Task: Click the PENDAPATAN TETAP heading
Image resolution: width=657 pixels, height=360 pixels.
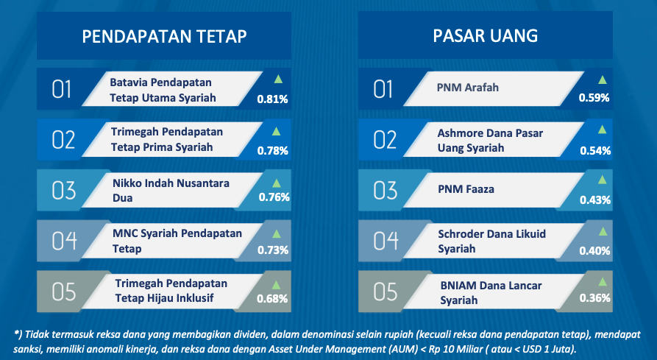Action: (164, 37)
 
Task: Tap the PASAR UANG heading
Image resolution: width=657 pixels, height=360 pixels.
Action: (485, 36)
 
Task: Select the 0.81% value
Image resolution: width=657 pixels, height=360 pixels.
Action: (272, 99)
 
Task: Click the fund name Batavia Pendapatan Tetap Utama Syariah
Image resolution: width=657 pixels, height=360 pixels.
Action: (163, 90)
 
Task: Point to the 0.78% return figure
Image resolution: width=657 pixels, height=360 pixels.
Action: (273, 151)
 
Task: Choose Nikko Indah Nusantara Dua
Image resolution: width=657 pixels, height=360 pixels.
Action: (171, 191)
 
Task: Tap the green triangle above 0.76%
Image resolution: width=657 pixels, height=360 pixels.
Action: (276, 183)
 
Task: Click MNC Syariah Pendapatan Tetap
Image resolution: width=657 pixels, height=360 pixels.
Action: (177, 241)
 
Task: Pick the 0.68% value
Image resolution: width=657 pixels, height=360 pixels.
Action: (272, 299)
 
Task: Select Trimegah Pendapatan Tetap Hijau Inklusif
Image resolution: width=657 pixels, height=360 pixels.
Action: (171, 291)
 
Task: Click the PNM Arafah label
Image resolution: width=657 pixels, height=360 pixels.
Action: (468, 88)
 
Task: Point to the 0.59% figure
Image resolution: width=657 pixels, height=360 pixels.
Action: (594, 98)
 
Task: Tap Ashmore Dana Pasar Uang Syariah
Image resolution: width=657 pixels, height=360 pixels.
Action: (490, 141)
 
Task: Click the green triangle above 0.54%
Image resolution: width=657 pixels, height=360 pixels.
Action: (602, 130)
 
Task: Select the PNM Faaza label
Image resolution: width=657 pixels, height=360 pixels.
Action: (466, 189)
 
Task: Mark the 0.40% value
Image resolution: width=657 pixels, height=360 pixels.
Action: (594, 251)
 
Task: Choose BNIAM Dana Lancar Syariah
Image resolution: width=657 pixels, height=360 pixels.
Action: (491, 292)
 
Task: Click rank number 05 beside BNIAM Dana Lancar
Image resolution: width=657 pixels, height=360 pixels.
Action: (385, 292)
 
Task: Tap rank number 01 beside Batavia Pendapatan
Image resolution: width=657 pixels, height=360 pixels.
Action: (61, 89)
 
